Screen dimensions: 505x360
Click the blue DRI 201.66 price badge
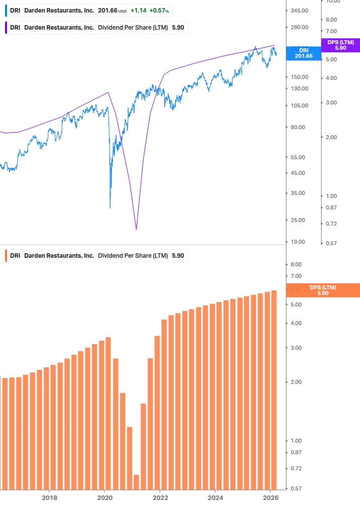pyautogui.click(x=303, y=53)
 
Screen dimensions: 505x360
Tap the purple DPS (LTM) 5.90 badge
pyautogui.click(x=340, y=45)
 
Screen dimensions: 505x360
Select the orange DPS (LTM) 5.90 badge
pyautogui.click(x=323, y=290)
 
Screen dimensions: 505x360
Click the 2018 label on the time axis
pyautogui.click(x=49, y=497)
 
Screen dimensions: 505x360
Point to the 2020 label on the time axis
pyautogui.click(x=104, y=497)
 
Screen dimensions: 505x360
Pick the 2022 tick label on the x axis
pyautogui.click(x=160, y=497)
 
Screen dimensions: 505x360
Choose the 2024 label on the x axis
pyautogui.click(x=215, y=497)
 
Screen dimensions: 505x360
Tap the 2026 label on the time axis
pyautogui.click(x=270, y=497)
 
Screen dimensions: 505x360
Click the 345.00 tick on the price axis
pyautogui.click(x=300, y=11)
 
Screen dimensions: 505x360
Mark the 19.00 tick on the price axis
pyautogui.click(x=298, y=242)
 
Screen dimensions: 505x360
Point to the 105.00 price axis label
pyautogui.click(x=300, y=106)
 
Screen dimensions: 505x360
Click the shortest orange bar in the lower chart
pyautogui.click(x=136, y=481)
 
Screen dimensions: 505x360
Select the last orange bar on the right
pyautogui.click(x=274, y=389)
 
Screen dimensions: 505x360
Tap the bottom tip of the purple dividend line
pyautogui.click(x=136, y=230)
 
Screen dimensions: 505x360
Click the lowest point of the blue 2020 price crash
pyautogui.click(x=110, y=208)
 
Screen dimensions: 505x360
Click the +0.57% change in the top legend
pyautogui.click(x=161, y=11)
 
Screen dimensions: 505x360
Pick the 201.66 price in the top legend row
pyautogui.click(x=107, y=11)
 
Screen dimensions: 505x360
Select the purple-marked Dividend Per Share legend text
pyautogui.click(x=133, y=28)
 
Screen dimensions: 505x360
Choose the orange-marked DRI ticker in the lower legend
pyautogui.click(x=15, y=256)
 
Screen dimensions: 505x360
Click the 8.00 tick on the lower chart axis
pyautogui.click(x=296, y=264)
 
